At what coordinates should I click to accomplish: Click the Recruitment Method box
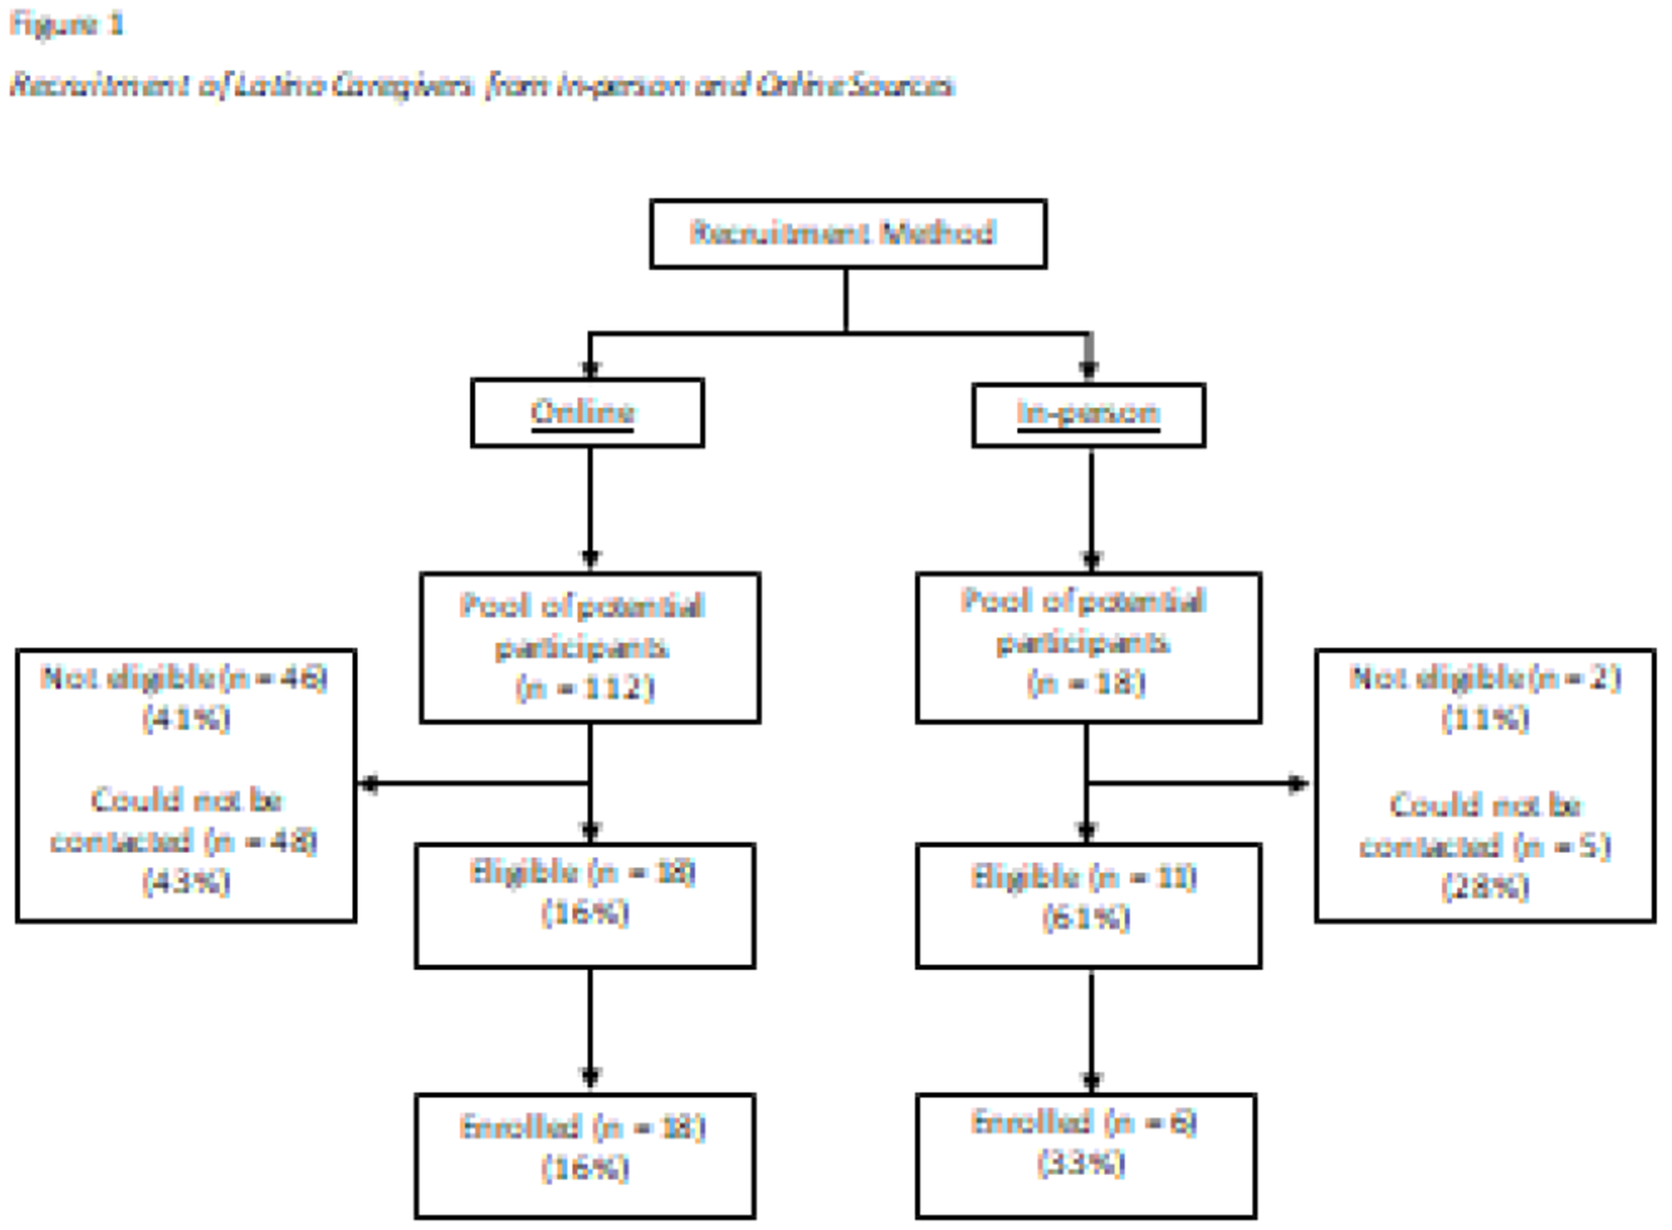pos(847,233)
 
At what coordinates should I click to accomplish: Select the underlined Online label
pos(582,412)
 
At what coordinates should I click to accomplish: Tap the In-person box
pos(1088,414)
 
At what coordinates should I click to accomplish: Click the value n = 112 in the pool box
pos(585,687)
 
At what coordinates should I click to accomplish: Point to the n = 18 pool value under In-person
pos(1086,683)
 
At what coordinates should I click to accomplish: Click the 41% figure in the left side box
pos(186,719)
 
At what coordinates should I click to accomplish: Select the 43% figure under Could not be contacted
pos(186,882)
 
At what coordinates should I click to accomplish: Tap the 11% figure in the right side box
pos(1485,719)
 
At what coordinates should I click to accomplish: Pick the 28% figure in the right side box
pos(1485,886)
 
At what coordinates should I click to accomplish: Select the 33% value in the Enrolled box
pos(1081,1164)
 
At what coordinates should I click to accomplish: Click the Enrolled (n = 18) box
pos(584,1154)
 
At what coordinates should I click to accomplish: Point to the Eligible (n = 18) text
pos(582,873)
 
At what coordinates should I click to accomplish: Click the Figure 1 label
pos(67,25)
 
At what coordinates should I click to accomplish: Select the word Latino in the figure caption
pos(279,85)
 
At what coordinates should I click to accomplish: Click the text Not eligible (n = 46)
pos(185,678)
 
